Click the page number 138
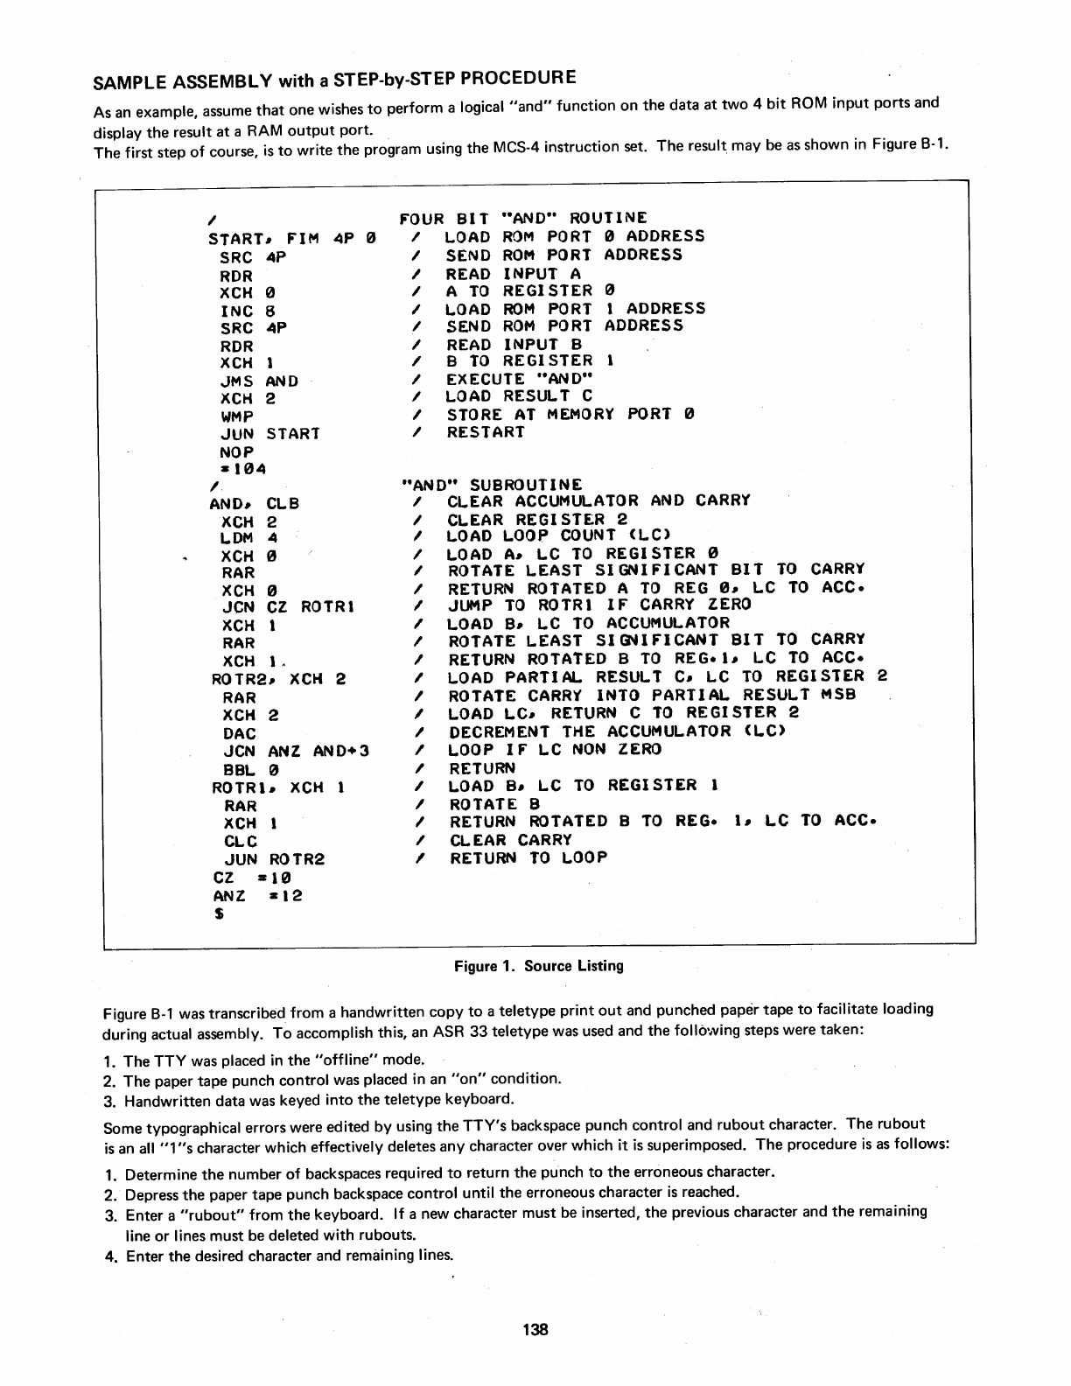tap(535, 1330)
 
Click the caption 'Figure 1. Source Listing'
tap(538, 966)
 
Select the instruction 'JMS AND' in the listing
tap(259, 381)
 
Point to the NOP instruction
tap(236, 452)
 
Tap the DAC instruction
tap(240, 733)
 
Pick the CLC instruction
tap(241, 842)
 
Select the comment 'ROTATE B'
tap(494, 804)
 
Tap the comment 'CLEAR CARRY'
tap(510, 840)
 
